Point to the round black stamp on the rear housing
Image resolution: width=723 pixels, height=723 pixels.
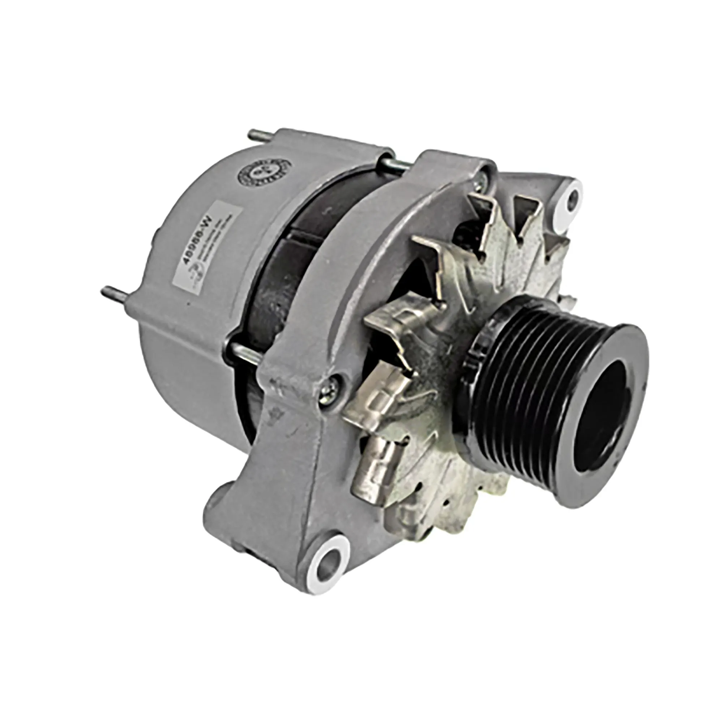tap(265, 176)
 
